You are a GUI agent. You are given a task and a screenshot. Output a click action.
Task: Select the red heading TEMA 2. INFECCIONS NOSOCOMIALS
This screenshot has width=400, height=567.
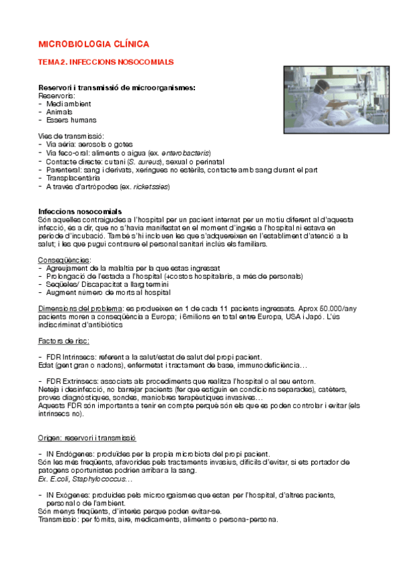(106, 62)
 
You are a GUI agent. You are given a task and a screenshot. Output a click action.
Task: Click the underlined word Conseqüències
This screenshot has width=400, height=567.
(65, 259)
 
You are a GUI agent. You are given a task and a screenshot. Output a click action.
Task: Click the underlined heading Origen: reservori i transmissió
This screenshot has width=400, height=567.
(87, 438)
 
